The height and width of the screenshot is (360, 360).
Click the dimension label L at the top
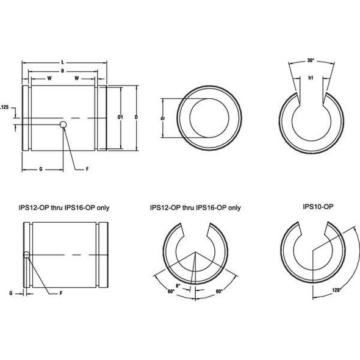pos(63,63)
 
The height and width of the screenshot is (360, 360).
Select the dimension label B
pos(63,71)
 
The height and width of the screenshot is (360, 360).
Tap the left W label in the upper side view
pos(49,79)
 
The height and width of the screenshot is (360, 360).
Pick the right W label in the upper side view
pos(78,79)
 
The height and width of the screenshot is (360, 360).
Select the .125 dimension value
pos(4,107)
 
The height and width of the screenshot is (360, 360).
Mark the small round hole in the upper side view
pos(63,125)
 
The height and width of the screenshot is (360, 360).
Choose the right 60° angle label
pos(218,292)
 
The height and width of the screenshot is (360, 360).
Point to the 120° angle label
pos(334,290)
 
